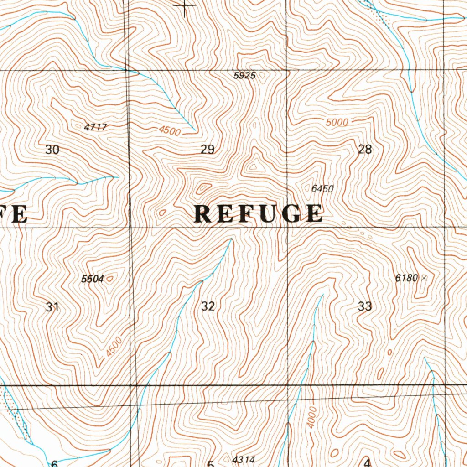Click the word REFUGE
(259, 214)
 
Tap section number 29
(208, 150)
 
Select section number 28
(365, 149)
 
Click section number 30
(52, 150)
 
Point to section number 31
(52, 307)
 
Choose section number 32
(208, 306)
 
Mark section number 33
(365, 306)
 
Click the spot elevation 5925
(244, 76)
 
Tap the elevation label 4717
(95, 127)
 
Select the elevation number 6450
(322, 188)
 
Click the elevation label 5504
(93, 279)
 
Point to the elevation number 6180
(406, 278)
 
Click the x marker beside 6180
(425, 277)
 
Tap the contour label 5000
(337, 122)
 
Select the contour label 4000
(311, 417)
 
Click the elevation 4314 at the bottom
(243, 459)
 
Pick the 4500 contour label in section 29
(170, 131)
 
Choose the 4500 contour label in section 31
(114, 347)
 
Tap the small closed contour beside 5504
(109, 277)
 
